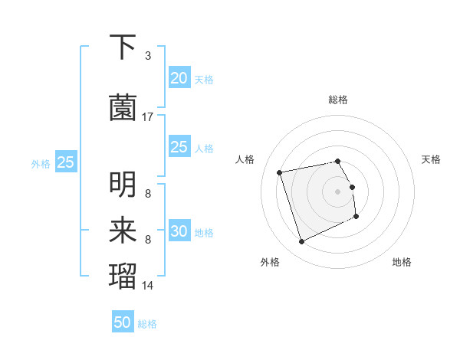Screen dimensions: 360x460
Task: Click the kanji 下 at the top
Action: click(123, 47)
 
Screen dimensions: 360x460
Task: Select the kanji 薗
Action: click(123, 108)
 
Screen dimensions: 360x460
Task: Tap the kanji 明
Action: click(123, 185)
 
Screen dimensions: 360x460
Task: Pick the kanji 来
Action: click(123, 231)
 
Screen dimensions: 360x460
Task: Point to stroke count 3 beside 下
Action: click(147, 56)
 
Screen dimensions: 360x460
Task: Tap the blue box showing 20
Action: click(179, 78)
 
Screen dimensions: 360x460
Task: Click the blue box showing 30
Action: click(179, 231)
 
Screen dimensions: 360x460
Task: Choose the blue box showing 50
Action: click(123, 322)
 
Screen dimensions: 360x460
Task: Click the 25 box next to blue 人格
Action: click(179, 147)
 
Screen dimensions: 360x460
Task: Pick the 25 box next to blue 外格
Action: click(66, 162)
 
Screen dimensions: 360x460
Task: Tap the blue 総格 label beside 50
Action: click(147, 324)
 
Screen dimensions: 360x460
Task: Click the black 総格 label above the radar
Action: click(338, 100)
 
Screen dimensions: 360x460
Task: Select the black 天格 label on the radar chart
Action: click(432, 159)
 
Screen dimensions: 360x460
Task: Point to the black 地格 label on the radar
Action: click(402, 262)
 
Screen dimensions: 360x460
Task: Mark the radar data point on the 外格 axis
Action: click(301, 242)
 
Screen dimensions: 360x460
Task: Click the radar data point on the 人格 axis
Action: click(280, 172)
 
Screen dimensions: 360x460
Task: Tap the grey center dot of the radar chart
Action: click(338, 191)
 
